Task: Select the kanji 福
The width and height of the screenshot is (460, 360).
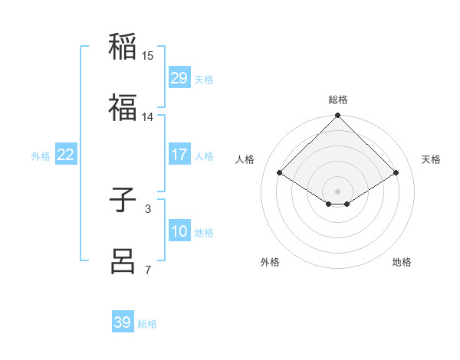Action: click(x=123, y=107)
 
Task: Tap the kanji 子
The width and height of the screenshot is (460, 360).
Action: click(x=123, y=201)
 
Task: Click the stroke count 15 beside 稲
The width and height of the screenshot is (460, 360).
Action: click(x=148, y=56)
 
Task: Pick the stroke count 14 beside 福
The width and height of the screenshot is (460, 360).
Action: click(x=148, y=117)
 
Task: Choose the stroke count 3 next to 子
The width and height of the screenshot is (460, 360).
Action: click(x=148, y=208)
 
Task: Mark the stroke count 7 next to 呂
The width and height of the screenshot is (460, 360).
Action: click(x=148, y=270)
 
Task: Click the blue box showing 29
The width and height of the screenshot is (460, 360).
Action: click(x=179, y=78)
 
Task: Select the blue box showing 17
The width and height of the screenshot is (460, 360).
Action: click(x=179, y=155)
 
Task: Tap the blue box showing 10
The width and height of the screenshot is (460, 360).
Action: click(x=179, y=231)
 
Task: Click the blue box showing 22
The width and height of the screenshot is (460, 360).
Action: click(x=66, y=155)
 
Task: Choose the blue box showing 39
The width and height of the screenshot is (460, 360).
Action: click(x=122, y=322)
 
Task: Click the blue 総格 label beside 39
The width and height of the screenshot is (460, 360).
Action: click(x=147, y=324)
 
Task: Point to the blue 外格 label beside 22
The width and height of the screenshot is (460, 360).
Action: click(x=41, y=155)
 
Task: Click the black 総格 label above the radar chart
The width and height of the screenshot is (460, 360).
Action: click(x=337, y=100)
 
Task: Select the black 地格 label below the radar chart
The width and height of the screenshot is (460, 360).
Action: click(x=402, y=262)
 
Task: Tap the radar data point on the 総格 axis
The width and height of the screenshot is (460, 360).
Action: click(x=337, y=116)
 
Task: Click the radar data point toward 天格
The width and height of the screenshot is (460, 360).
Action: click(x=396, y=173)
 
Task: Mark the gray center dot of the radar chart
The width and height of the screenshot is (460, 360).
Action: click(x=337, y=191)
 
